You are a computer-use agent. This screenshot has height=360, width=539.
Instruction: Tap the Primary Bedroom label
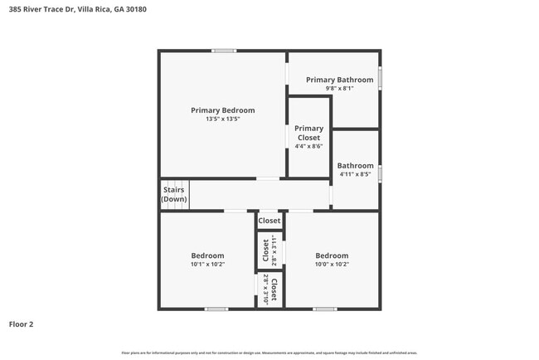(222, 110)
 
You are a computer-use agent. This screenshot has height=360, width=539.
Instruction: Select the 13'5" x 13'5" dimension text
(222, 119)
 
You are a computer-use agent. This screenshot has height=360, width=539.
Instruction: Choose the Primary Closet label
(308, 133)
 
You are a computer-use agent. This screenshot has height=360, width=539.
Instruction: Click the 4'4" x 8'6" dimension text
(308, 146)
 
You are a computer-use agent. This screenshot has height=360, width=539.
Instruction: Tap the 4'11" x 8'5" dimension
(355, 174)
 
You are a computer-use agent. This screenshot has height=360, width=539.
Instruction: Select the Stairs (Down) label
(173, 195)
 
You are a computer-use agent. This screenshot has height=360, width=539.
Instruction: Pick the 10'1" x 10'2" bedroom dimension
(207, 265)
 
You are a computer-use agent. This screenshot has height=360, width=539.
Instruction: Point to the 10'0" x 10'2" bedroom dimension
(332, 265)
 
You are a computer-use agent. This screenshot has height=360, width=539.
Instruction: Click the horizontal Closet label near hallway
(269, 221)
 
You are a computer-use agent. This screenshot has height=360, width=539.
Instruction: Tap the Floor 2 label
(22, 324)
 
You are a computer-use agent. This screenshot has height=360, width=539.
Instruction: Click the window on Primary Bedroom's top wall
(223, 51)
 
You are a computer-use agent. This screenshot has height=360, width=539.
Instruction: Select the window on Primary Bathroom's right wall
(381, 77)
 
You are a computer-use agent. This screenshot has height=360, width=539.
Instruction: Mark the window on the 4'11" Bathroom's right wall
(381, 174)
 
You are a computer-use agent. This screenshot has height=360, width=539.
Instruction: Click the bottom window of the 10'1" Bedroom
(216, 309)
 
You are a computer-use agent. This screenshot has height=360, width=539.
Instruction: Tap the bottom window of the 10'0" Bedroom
(325, 309)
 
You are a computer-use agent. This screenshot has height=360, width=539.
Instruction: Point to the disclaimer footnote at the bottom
(269, 353)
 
